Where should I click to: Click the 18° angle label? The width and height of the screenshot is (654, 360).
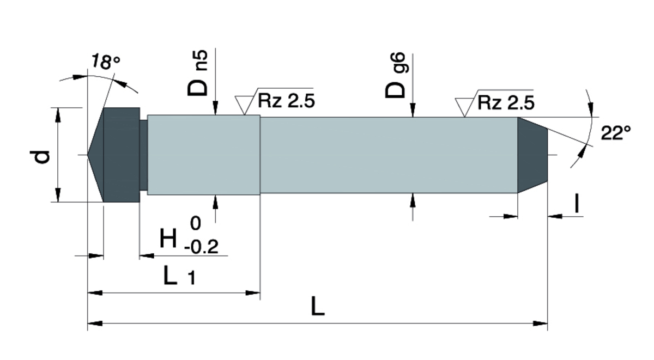(x=106, y=62)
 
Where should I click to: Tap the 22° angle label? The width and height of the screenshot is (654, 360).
(x=616, y=133)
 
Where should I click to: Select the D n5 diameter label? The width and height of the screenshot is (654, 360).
(x=198, y=73)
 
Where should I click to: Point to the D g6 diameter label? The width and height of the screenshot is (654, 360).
(x=396, y=75)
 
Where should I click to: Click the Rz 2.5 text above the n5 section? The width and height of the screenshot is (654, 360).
(x=287, y=101)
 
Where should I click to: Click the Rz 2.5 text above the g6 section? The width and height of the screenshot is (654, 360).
(x=506, y=103)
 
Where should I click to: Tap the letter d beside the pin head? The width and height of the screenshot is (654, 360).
(x=40, y=157)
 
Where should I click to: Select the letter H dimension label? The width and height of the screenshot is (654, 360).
(x=168, y=238)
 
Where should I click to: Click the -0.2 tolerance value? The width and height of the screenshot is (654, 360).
(x=201, y=247)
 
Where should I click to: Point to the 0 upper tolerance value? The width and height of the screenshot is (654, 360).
(x=195, y=223)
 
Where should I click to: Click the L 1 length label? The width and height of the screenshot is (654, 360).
(x=179, y=275)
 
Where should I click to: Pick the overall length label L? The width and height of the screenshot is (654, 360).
(x=318, y=306)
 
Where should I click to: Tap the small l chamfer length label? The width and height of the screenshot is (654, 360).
(x=577, y=203)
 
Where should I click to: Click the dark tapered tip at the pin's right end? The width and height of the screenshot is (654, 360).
(x=532, y=155)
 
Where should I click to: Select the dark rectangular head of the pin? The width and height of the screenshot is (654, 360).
(x=122, y=155)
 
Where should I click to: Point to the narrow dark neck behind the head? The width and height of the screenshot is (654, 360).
(x=144, y=155)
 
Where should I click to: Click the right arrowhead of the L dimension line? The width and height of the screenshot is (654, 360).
(x=540, y=324)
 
